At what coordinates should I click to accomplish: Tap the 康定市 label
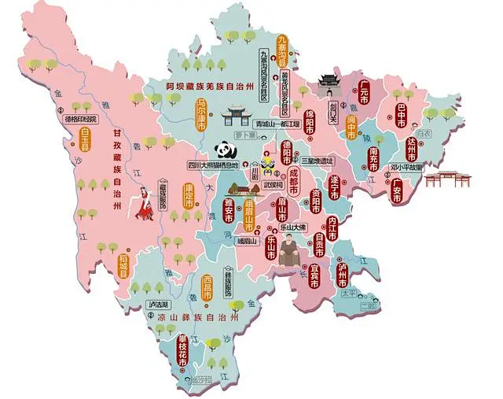tap(189, 195)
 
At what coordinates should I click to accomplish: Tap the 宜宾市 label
tap(314, 276)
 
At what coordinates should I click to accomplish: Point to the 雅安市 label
tap(228, 210)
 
